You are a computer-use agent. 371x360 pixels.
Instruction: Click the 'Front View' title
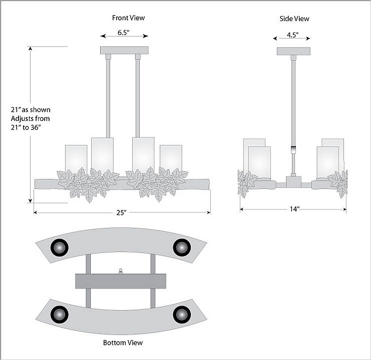click(128, 18)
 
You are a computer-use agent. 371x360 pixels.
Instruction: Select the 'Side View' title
click(294, 19)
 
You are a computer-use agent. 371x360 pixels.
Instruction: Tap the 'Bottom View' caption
click(123, 342)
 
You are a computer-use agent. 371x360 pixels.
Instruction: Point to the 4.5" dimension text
click(293, 35)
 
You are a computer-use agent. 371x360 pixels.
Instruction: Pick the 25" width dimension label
click(122, 212)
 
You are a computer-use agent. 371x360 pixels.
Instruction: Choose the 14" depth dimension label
click(294, 209)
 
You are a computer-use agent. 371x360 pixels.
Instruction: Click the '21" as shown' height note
click(31, 109)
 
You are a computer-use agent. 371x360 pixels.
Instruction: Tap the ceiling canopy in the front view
click(125, 50)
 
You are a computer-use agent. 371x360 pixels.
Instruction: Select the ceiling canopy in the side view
click(293, 51)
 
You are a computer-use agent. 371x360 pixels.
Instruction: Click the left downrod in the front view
click(108, 95)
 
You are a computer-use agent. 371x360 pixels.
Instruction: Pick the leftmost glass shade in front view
click(76, 158)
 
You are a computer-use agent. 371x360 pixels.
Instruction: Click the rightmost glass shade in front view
click(171, 158)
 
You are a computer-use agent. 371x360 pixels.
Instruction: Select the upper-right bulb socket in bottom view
click(181, 247)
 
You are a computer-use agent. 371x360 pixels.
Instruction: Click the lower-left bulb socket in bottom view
click(60, 314)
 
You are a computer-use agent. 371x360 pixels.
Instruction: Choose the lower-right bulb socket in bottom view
click(181, 314)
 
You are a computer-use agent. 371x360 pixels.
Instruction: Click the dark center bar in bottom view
click(121, 281)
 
